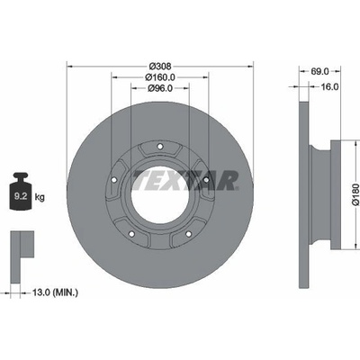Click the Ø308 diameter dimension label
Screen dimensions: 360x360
[160, 66]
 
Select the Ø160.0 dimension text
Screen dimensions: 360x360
[160, 77]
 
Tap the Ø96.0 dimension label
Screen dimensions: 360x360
[160, 88]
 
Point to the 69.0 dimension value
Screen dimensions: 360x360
[319, 71]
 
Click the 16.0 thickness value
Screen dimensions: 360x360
[329, 86]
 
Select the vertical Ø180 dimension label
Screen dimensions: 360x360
[355, 194]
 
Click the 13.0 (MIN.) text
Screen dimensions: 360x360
[55, 292]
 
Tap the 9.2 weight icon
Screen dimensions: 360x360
[21, 191]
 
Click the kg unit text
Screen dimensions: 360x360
[40, 197]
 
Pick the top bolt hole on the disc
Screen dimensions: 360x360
[160, 147]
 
